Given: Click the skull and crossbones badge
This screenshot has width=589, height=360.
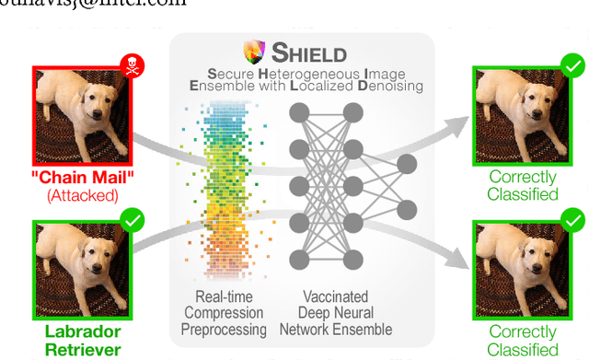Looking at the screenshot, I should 133,65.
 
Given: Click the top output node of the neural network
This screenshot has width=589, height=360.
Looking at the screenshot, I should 406,163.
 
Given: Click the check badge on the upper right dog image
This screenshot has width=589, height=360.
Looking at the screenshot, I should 572,65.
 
